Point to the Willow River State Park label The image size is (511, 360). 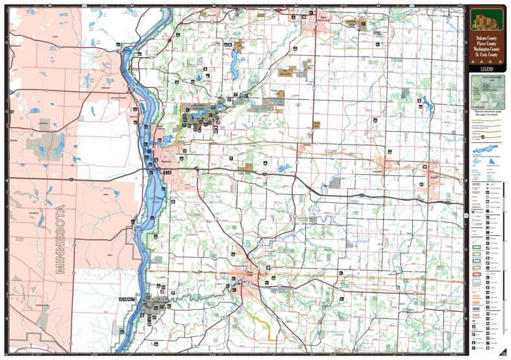pos(192,107)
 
